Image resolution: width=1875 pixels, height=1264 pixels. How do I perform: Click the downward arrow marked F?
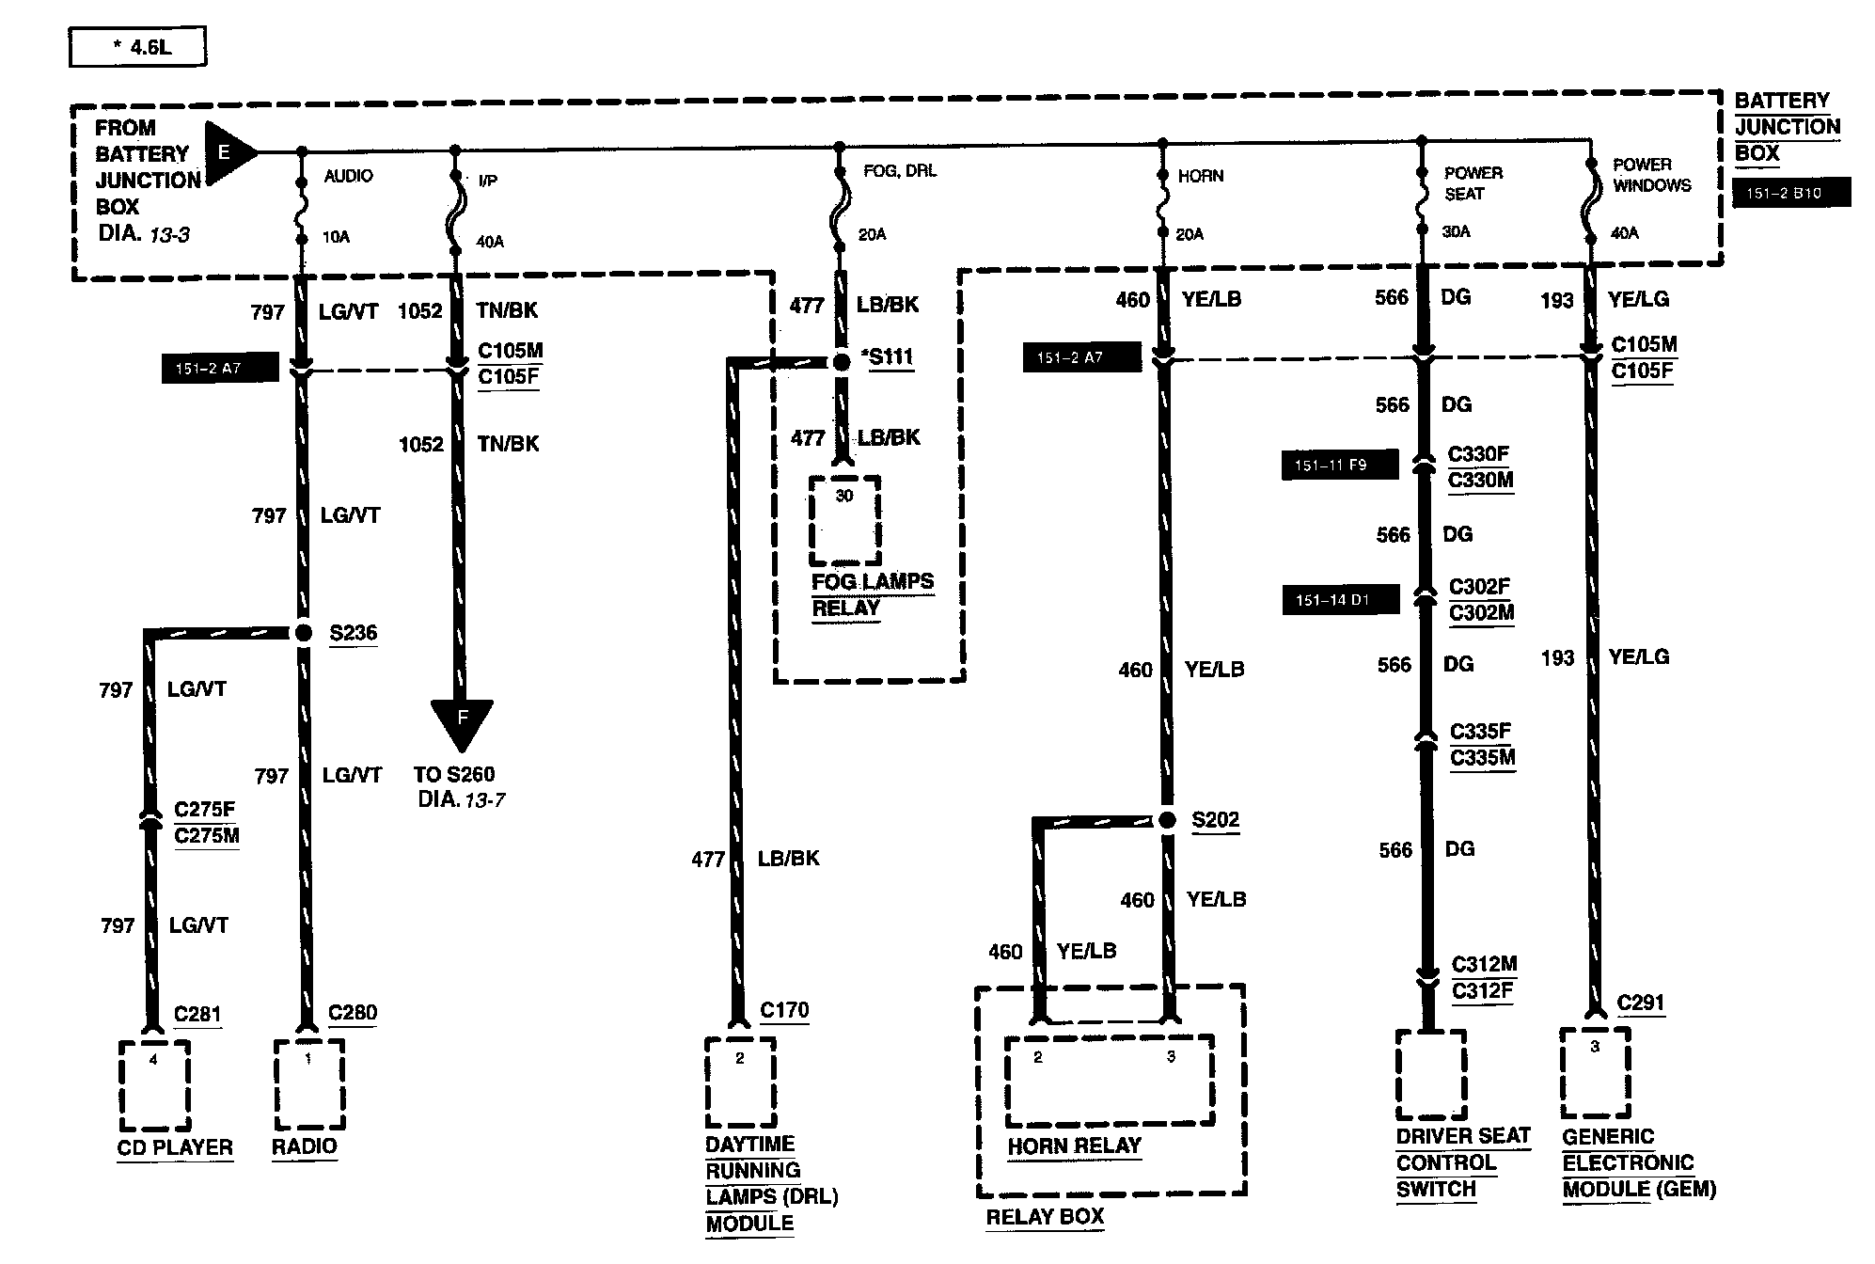click(x=462, y=725)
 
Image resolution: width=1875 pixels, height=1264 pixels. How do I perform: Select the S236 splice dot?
click(x=303, y=633)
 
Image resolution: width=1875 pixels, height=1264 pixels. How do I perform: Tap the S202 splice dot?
click(x=1167, y=820)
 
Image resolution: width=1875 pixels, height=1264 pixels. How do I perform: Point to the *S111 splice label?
click(x=886, y=358)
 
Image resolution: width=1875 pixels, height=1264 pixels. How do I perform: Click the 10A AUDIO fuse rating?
click(x=336, y=237)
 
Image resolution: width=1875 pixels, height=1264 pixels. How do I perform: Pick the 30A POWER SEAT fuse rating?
click(x=1456, y=231)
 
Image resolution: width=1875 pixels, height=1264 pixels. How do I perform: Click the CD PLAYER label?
click(x=175, y=1147)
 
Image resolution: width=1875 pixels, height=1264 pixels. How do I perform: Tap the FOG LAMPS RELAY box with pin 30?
click(x=844, y=520)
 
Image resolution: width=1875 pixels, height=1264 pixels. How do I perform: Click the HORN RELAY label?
click(x=1074, y=1146)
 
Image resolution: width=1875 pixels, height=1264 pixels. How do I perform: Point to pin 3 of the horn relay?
click(x=1171, y=1057)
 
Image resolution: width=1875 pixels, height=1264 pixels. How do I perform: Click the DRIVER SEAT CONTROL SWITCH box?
click(x=1430, y=1074)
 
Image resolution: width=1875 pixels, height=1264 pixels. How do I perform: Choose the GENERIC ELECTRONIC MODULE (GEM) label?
click(x=1639, y=1163)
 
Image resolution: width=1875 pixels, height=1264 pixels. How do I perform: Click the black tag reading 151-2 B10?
click(x=1790, y=194)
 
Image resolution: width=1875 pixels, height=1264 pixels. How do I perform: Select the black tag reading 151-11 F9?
click(x=1339, y=466)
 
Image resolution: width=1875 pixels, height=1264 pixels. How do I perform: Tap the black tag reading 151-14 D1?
click(x=1340, y=600)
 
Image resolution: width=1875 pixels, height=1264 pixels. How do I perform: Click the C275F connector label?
click(x=205, y=810)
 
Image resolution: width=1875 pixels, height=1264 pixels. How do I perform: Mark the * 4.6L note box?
click(x=137, y=47)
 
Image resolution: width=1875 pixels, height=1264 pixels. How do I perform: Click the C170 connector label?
click(x=784, y=1011)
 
